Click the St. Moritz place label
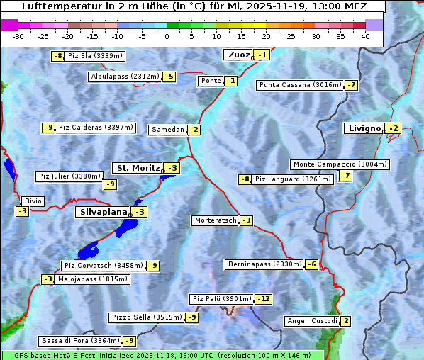pos(138,168)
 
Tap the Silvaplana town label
pos(103,212)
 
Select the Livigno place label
pos(364,128)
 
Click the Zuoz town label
pos(238,55)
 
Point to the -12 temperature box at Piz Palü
pos(263,299)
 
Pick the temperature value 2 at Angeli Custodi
pos(345,321)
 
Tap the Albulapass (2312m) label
pos(125,77)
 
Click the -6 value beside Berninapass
pos(311,264)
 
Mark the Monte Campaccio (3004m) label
pos(339,164)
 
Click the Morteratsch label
pos(215,220)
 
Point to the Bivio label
pos(33,201)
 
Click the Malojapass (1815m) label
pos(93,279)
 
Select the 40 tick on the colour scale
pos(365,35)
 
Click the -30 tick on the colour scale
pos(18,35)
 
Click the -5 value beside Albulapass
pos(169,77)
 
